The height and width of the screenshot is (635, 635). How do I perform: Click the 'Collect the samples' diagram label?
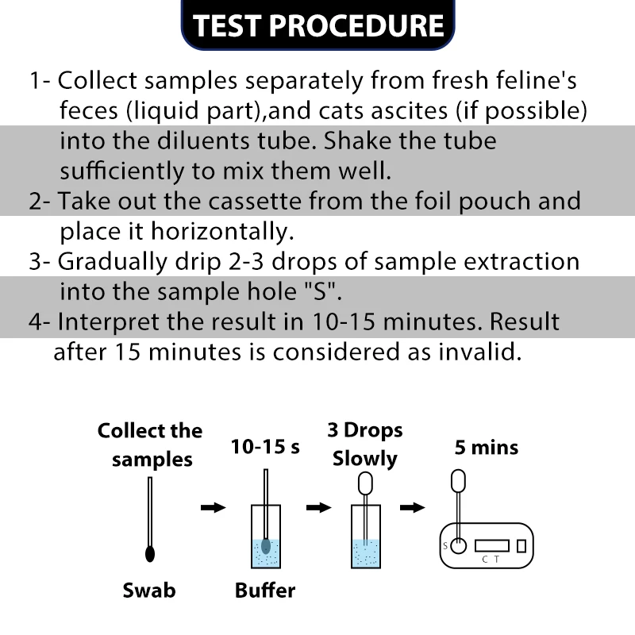tap(149, 445)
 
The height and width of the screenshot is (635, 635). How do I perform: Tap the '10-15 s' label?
tap(265, 447)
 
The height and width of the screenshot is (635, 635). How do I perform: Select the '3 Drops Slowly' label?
tap(364, 444)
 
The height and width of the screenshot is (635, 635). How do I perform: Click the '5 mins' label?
tap(486, 448)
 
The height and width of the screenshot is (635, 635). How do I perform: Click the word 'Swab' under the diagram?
tap(149, 591)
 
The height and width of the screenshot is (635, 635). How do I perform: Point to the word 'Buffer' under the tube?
tap(265, 591)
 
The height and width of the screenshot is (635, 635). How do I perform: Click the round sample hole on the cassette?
tap(458, 545)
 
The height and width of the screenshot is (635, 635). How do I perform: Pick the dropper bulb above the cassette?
tap(458, 481)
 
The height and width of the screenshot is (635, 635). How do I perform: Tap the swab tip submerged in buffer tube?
tap(266, 546)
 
